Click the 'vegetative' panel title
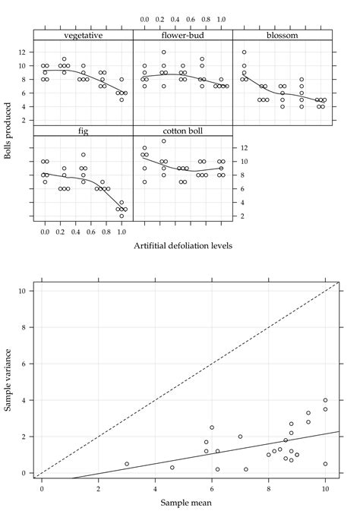click(x=84, y=35)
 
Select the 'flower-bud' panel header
click(x=182, y=35)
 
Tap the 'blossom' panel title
click(x=282, y=35)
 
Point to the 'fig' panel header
click(x=84, y=131)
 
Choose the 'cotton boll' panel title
click(x=182, y=131)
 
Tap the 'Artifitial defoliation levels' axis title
click(x=182, y=245)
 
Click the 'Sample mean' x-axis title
click(x=183, y=502)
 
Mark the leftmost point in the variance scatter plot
click(x=127, y=464)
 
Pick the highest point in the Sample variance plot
click(x=325, y=400)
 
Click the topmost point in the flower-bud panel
click(x=163, y=52)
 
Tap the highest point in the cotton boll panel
click(x=163, y=141)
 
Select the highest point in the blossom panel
click(x=244, y=52)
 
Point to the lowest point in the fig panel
click(x=122, y=216)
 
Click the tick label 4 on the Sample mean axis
click(x=155, y=490)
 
